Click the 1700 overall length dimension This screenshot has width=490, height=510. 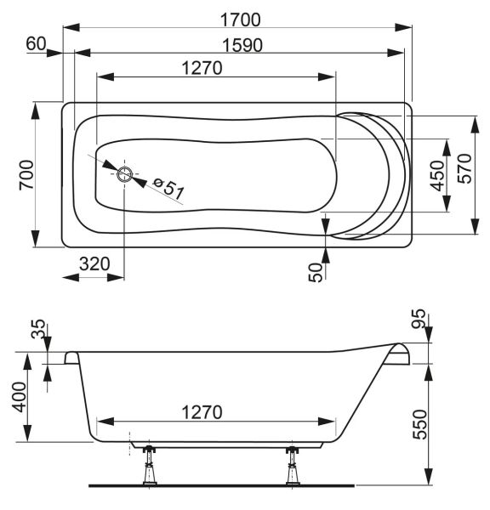(240, 20)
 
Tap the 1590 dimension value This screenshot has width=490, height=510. (242, 45)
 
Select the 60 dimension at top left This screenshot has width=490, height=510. (36, 43)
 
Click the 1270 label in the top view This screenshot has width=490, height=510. (202, 68)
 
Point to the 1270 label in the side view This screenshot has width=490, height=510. (202, 412)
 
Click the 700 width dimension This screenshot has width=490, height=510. (26, 174)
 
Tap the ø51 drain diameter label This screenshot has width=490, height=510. (168, 189)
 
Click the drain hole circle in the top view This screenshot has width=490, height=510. (124, 174)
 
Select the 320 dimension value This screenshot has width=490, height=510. (94, 263)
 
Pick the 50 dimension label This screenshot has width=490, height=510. (315, 272)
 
